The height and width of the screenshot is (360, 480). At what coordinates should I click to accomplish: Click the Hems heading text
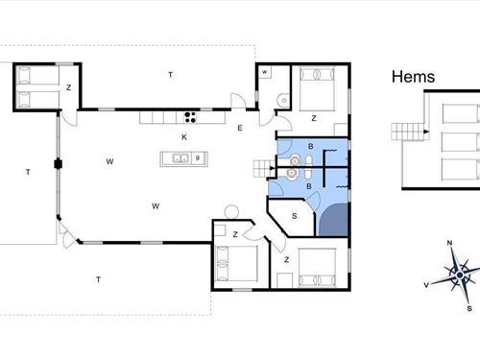tap(413, 77)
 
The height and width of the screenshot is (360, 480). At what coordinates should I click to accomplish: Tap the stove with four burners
tap(190, 117)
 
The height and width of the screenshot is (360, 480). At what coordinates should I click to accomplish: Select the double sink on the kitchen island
tap(180, 158)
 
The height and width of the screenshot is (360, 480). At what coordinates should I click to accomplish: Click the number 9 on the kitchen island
tap(198, 158)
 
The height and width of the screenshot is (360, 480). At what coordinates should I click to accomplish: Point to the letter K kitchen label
tap(184, 137)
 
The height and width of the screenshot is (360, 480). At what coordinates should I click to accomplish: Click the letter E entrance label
tap(240, 128)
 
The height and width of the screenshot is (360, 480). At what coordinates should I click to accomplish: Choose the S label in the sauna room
tap(295, 216)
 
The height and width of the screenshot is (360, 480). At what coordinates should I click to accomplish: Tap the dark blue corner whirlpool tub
tap(334, 221)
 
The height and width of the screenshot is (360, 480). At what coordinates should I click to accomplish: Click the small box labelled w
tap(265, 72)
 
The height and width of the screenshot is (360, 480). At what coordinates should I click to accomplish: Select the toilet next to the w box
tap(283, 100)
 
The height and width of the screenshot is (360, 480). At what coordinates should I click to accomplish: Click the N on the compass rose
tap(449, 243)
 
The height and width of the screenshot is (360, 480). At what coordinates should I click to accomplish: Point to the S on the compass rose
tap(469, 308)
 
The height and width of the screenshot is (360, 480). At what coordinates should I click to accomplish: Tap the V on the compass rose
tap(426, 285)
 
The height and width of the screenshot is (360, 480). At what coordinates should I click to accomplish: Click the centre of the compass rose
tap(460, 275)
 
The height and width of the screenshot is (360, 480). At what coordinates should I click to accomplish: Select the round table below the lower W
tap(231, 212)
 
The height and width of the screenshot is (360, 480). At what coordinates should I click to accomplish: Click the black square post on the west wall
tap(58, 164)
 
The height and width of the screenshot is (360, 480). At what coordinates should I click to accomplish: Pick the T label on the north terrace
tap(171, 75)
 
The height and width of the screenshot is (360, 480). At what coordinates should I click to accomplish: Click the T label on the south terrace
tap(99, 279)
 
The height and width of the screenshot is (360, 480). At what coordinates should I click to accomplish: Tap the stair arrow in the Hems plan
tap(426, 132)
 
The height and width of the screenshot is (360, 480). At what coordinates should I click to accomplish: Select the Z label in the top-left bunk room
tap(68, 87)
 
